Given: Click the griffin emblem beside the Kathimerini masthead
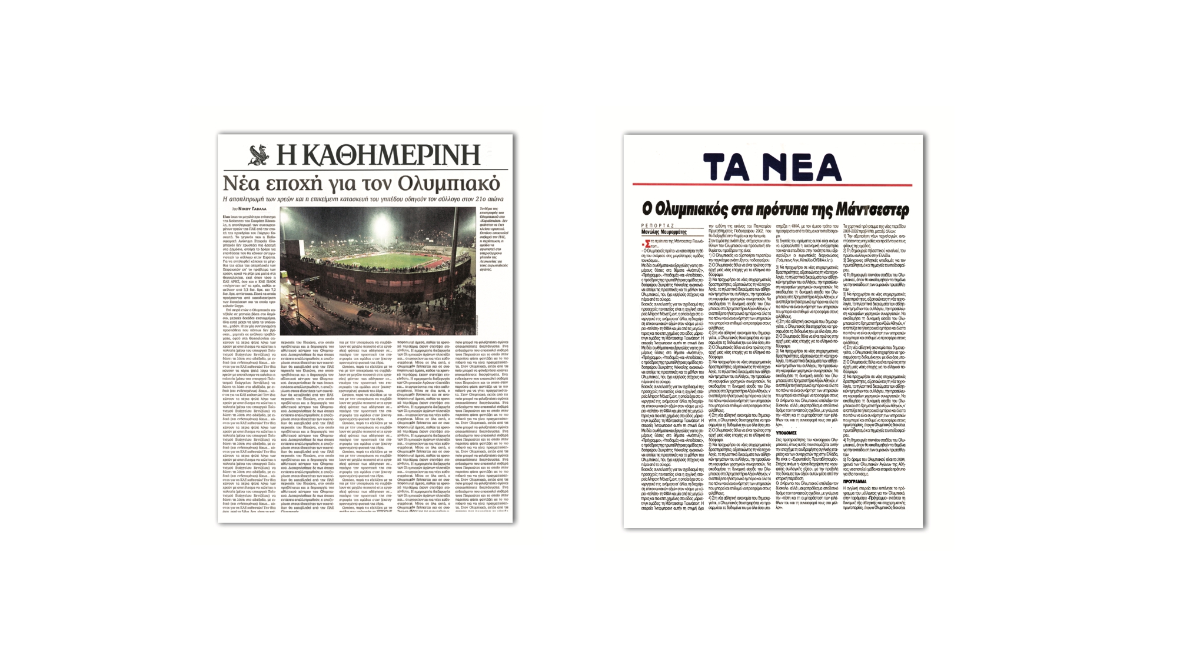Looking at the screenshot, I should (258, 155).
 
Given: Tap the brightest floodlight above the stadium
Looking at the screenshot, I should (380, 224).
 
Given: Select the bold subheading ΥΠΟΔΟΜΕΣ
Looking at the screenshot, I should (786, 433).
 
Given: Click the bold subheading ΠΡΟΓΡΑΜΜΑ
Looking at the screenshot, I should (855, 481).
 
